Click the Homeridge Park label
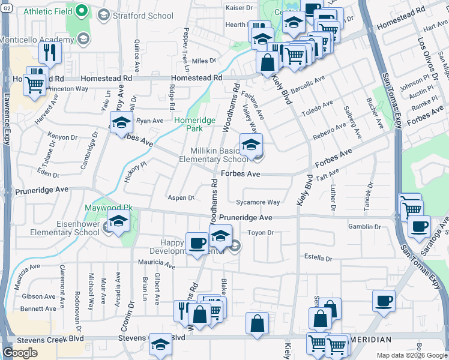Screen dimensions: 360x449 click(x=194, y=124)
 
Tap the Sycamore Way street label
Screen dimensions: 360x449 click(x=258, y=203)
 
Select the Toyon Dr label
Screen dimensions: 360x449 click(x=261, y=232)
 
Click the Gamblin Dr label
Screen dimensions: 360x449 click(x=364, y=227)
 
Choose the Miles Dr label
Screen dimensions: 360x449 click(x=203, y=61)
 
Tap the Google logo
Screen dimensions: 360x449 click(x=20, y=353)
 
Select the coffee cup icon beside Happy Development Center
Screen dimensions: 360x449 click(x=196, y=243)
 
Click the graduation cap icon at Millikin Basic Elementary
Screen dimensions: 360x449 click(x=251, y=145)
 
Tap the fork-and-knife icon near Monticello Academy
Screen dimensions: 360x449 click(x=50, y=53)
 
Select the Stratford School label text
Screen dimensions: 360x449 click(x=142, y=16)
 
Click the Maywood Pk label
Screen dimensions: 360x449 click(x=108, y=208)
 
